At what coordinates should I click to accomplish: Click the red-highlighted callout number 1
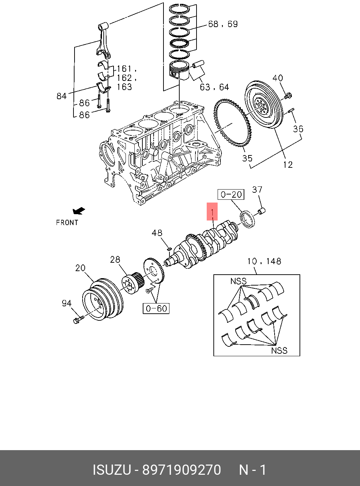coord(212,212)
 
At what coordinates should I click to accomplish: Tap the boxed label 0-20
coord(231,194)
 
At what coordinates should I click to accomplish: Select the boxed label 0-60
coord(156,308)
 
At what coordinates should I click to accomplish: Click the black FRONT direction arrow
coord(79,211)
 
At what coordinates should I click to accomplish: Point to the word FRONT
coord(67,223)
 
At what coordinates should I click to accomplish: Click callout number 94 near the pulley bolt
coord(66,303)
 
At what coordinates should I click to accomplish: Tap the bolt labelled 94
coord(77,320)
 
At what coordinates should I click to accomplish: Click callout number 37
coord(257,190)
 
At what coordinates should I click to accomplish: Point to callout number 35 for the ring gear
coord(247,158)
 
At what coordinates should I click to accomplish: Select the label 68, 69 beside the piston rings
coord(223,24)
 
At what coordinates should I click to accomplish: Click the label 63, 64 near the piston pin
coord(214,87)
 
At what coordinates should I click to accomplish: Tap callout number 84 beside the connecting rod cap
coord(62,96)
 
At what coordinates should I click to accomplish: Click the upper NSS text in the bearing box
coord(238,281)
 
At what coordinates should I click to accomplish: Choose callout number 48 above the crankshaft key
coord(157,233)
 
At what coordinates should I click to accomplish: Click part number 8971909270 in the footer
coord(181,470)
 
